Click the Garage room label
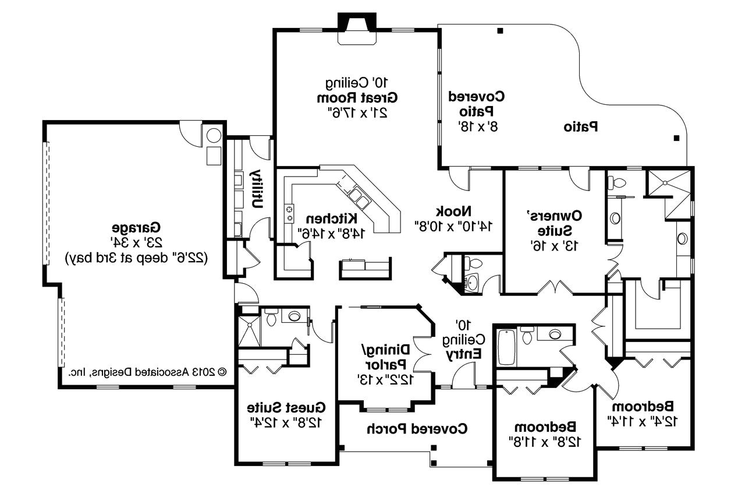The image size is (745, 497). (136, 228)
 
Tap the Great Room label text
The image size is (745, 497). (357, 98)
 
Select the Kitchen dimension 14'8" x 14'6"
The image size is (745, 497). (331, 234)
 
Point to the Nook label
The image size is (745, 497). (453, 211)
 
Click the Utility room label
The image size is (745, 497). (257, 189)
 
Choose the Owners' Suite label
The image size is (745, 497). (555, 223)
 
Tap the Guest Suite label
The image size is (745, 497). (286, 407)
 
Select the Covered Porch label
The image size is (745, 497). (417, 429)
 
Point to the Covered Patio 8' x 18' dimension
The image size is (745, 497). (478, 126)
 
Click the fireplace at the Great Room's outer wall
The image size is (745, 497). (357, 29)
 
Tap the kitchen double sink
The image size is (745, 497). (359, 198)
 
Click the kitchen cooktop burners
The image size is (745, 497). (290, 213)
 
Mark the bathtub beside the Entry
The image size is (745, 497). (506, 347)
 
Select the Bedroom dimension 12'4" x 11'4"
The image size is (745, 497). (643, 421)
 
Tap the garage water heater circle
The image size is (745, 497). (214, 136)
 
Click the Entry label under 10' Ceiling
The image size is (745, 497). (464, 354)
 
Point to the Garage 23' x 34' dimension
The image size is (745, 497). (136, 242)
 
